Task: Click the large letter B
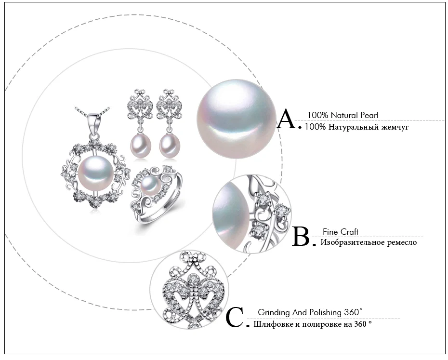click(x=302, y=237)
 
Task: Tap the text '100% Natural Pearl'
click(x=343, y=115)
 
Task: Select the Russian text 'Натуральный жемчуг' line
click(x=356, y=127)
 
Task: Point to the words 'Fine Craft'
click(x=340, y=232)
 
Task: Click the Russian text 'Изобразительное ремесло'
click(x=369, y=242)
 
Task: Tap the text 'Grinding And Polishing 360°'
click(x=310, y=312)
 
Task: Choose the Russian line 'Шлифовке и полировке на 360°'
click(x=313, y=324)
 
